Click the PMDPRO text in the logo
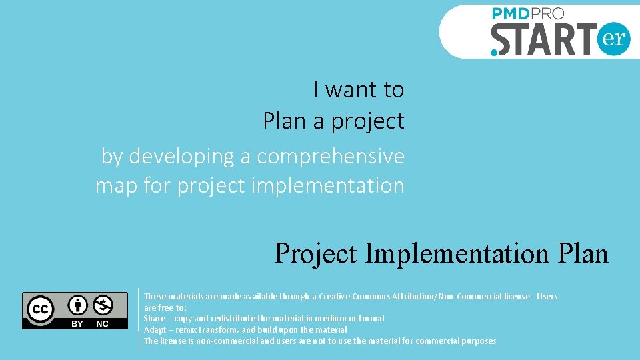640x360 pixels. (528, 14)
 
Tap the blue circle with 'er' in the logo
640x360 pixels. (613, 39)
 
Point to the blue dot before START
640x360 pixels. (494, 51)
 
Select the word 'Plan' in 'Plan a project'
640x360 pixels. (283, 121)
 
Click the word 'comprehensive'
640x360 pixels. (331, 156)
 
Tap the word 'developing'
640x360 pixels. (181, 156)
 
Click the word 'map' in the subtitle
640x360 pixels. (116, 185)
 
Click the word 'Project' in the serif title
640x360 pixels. (315, 254)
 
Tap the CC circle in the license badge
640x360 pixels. (40, 309)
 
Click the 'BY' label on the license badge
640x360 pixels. (77, 323)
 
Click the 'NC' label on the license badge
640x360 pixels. (102, 323)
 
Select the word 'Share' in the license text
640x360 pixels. (154, 319)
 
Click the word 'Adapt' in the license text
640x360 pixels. (155, 330)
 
